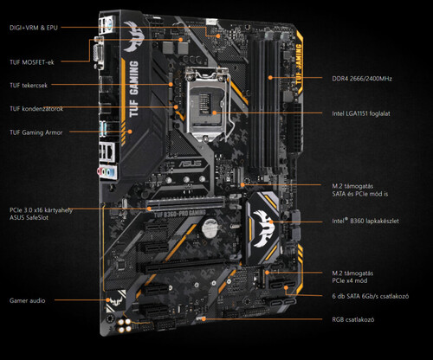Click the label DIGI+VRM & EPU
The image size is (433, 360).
pos(34,28)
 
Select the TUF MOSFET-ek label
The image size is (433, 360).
pos(32,62)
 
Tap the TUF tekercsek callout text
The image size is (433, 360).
pos(29,86)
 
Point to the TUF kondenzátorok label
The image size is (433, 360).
pos(36,109)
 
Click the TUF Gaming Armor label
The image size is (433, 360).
pos(36,132)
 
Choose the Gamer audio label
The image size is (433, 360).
pos(28,300)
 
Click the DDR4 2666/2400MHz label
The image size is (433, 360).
pos(362,79)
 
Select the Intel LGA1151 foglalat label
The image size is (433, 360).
pos(361,113)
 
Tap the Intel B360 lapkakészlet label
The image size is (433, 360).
pos(365,221)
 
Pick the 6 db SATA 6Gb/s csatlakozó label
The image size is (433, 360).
pos(371,296)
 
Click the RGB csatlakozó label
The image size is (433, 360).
pos(353,319)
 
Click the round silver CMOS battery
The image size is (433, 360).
pos(210,228)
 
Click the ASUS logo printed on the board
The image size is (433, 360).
pos(190,164)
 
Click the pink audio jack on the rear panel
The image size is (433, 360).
pos(100,172)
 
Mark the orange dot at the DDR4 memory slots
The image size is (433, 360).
pos(270,77)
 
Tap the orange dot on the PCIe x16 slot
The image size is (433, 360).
pos(149,209)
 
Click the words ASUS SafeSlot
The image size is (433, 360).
pos(29,217)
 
